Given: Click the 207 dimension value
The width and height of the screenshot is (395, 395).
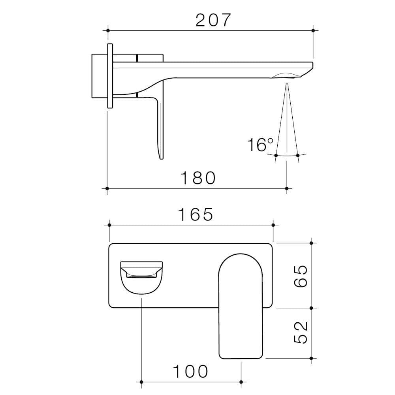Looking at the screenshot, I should [213, 20].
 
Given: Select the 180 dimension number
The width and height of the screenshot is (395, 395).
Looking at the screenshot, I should [198, 178].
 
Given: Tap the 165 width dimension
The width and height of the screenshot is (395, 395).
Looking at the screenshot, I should [195, 214].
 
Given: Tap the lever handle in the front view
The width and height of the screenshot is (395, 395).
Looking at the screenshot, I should [241, 306].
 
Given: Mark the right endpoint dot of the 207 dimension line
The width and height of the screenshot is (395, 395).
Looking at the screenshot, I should [313, 30].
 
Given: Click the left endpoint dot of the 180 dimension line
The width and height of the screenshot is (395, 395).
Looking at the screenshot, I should [107, 188].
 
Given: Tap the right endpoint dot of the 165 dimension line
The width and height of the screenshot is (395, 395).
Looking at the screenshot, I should [273, 225].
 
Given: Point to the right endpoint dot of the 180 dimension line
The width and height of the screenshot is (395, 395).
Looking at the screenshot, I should [287, 188].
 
